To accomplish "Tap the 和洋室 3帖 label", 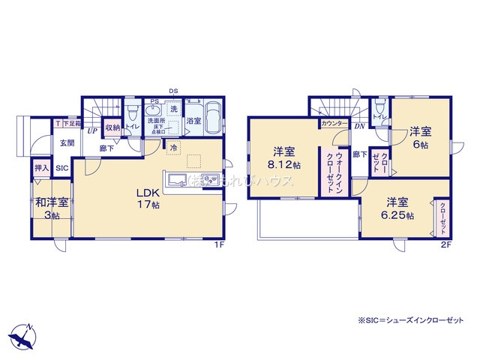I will point(51,207).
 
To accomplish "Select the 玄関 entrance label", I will point(67,142).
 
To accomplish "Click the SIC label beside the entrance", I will point(62,168).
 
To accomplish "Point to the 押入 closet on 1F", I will point(42,168).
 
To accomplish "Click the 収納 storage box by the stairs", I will point(112,127).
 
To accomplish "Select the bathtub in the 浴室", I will point(211,118).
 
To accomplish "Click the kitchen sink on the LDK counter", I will point(181,180).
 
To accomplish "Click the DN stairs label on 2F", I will point(359,127).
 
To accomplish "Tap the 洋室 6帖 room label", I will point(419,138).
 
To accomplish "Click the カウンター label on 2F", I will point(333,122).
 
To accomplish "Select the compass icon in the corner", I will point(23,336).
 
